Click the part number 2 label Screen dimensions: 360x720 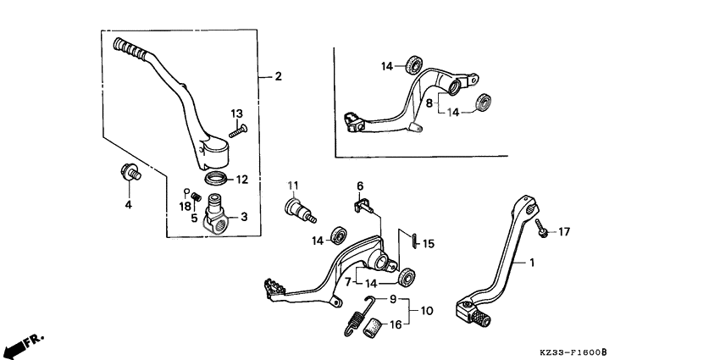click(x=279, y=76)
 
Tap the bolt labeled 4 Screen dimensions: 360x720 click(x=130, y=174)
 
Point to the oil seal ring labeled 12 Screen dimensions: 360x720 click(x=217, y=179)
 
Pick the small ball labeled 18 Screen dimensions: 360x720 click(x=187, y=191)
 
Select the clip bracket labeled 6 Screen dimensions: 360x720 click(x=363, y=203)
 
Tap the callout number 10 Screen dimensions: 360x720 click(x=425, y=311)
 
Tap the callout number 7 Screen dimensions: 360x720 click(x=346, y=280)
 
